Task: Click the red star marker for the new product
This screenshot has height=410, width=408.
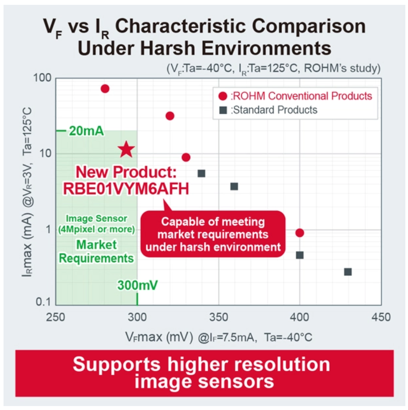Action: click(126, 150)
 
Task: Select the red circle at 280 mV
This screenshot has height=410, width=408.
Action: click(105, 89)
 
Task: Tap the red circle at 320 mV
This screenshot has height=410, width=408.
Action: click(170, 116)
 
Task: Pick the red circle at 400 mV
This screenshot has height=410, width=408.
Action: click(300, 233)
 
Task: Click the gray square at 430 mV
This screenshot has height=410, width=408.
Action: click(348, 272)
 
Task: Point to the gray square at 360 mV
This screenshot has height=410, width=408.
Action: click(234, 186)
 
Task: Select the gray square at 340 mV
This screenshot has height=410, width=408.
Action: click(202, 173)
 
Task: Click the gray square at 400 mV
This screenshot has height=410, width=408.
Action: click(300, 255)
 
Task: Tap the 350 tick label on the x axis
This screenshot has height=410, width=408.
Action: click(218, 317)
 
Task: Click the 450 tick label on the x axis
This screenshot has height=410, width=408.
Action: click(381, 317)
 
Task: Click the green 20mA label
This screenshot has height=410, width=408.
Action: click(86, 131)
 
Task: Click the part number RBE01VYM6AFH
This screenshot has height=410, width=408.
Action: click(126, 188)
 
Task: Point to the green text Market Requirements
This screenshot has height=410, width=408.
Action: click(96, 251)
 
